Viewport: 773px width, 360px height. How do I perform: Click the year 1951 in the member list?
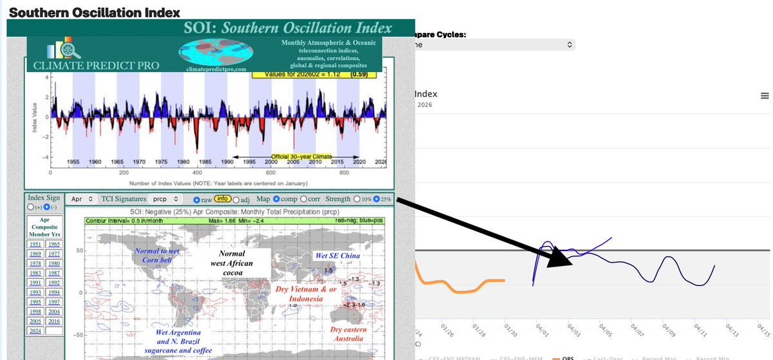(35, 243)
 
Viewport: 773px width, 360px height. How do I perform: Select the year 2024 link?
(35, 331)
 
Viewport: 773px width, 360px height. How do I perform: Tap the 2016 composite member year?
(54, 321)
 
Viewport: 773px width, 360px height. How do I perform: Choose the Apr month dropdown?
(82, 200)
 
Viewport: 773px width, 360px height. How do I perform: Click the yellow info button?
(223, 199)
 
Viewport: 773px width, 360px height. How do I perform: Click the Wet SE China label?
(336, 256)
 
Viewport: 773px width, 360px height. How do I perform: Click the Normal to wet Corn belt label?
(158, 255)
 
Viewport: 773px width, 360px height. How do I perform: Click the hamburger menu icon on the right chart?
(765, 96)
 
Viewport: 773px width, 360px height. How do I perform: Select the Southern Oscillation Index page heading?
(94, 12)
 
